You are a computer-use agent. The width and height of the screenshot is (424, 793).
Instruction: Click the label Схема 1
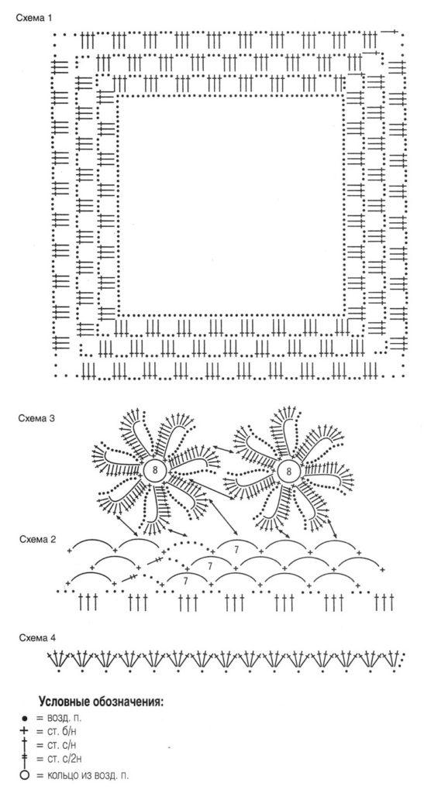tap(33, 19)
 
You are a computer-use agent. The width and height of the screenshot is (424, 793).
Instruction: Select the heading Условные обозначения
tap(101, 702)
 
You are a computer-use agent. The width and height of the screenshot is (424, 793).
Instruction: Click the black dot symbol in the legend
tap(23, 718)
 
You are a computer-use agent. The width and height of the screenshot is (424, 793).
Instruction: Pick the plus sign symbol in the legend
tap(23, 731)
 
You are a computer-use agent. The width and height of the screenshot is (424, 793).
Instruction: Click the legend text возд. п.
tap(64, 718)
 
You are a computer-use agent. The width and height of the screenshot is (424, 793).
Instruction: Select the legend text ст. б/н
tap(62, 731)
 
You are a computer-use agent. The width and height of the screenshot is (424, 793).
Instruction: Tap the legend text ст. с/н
tap(62, 745)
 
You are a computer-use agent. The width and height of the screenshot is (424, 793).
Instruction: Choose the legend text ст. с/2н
tap(64, 759)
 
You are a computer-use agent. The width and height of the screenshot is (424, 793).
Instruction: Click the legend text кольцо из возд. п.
tap(88, 774)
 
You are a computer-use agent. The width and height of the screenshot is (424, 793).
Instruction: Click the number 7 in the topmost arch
tap(236, 549)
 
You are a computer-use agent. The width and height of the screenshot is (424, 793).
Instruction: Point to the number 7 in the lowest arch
tap(186, 581)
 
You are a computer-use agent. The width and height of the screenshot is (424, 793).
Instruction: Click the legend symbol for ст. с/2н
tap(23, 759)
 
